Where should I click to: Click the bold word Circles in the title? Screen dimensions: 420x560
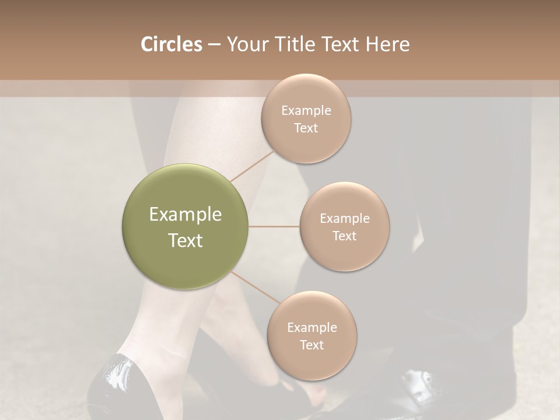pos(171,44)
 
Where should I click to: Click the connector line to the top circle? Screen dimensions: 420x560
pos(252,165)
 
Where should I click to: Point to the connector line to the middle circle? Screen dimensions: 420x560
pos(274,226)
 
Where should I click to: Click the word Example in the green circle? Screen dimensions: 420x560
pos(185,215)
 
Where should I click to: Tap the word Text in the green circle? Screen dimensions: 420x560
pos(185,240)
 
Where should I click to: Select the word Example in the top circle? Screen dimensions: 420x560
pos(306,111)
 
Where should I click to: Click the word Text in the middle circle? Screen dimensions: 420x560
pos(344,236)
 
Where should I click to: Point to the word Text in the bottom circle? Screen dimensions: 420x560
pos(311,345)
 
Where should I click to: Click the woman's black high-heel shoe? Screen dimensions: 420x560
pos(114,388)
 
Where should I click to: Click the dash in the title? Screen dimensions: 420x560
pos(214,44)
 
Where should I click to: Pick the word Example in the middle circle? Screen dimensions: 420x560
pos(344,218)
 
